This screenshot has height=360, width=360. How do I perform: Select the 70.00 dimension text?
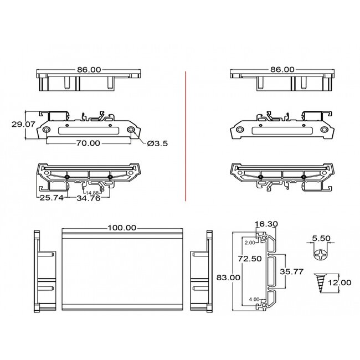tap(88, 143)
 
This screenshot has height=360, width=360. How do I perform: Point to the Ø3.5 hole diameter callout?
tap(158, 144)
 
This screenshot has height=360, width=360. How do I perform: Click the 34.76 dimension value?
tap(88, 198)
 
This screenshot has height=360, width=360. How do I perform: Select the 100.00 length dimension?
tap(122, 228)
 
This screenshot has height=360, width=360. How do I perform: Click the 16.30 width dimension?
tap(266, 224)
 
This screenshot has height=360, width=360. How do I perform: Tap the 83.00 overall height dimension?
tap(228, 278)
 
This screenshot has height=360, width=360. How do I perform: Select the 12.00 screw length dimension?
tap(339, 282)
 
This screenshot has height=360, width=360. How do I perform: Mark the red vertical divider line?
tap(184, 136)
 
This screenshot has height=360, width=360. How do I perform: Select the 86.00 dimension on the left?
tap(89, 70)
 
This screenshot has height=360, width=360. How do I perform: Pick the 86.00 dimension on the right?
tap(282, 70)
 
